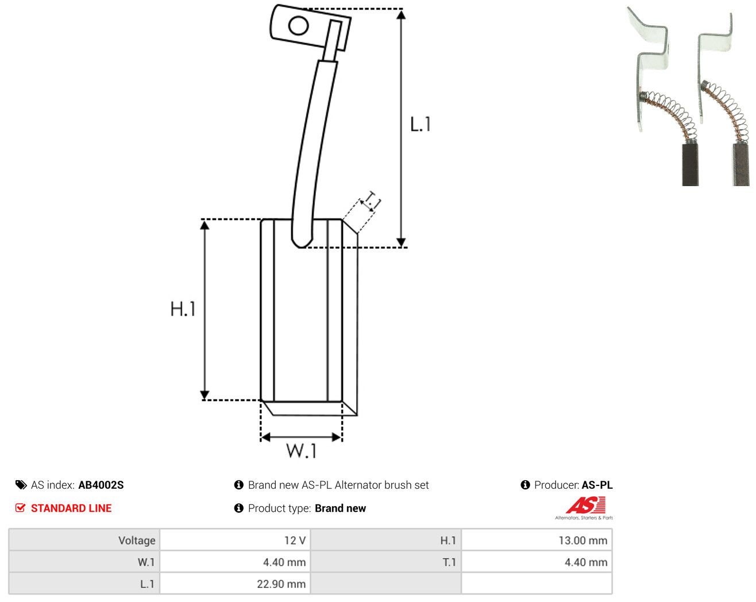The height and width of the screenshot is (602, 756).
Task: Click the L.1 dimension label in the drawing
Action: [420, 124]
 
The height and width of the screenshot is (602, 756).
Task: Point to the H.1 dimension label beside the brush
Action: [183, 308]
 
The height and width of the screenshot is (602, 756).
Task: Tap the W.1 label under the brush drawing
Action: [302, 450]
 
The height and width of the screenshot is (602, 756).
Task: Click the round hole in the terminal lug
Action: [298, 26]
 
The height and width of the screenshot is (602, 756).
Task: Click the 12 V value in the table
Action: [295, 540]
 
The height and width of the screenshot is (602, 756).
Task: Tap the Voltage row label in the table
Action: [137, 540]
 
